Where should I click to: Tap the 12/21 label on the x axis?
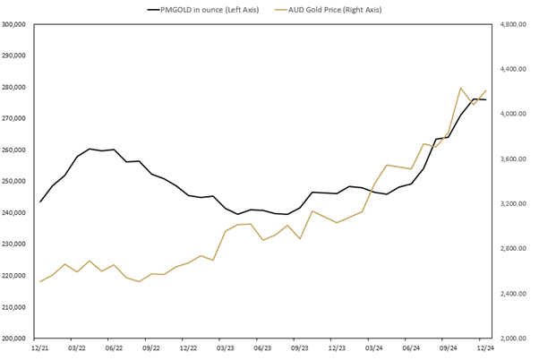[40, 347]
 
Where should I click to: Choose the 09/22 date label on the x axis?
[151, 347]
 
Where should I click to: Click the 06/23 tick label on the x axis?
[263, 347]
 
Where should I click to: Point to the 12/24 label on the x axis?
[485, 347]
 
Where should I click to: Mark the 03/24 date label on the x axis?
[374, 347]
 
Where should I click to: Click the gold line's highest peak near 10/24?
[460, 88]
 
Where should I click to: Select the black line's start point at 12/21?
[40, 201]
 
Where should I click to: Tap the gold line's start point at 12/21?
[40, 282]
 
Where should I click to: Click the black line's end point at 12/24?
[485, 99]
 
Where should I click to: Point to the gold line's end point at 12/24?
[485, 90]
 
